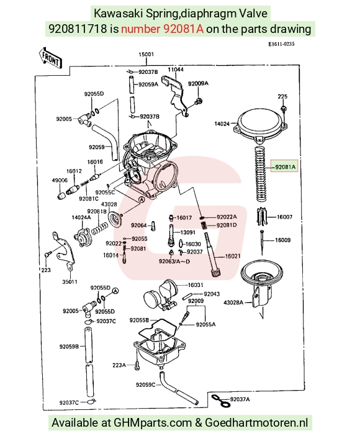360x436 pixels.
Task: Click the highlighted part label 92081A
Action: [x=285, y=167]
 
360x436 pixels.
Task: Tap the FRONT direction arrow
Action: [x=50, y=58]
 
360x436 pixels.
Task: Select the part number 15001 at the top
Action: [x=146, y=54]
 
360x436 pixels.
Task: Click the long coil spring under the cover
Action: [x=261, y=174]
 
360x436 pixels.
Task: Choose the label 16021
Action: [x=232, y=256]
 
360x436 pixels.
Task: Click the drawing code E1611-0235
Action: [x=281, y=44]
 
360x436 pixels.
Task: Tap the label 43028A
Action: [x=233, y=302]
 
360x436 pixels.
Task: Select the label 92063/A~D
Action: [x=174, y=261]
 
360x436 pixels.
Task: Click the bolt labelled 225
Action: [x=283, y=108]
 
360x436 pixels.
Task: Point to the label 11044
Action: [x=176, y=69]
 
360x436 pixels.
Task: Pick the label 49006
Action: [x=60, y=180]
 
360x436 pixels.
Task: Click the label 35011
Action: [x=70, y=282]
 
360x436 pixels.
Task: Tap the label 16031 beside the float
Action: [x=196, y=285]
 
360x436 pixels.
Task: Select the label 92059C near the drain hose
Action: [x=145, y=384]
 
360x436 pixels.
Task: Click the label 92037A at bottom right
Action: [x=240, y=399]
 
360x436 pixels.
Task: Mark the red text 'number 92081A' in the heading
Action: [x=163, y=29]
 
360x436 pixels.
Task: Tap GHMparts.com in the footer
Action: [x=153, y=423]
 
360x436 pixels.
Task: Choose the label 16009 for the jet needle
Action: [x=282, y=240]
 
